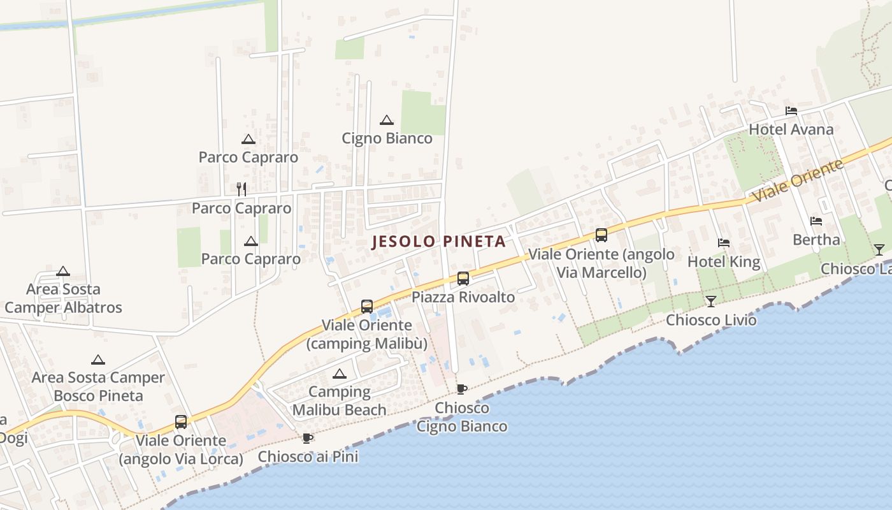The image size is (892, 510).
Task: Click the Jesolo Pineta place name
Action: tap(438, 242)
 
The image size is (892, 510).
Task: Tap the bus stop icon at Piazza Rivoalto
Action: tap(463, 279)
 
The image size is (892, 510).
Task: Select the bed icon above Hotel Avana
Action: tap(791, 111)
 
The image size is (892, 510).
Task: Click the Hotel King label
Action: tap(724, 261)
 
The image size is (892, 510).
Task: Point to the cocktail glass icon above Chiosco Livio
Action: tap(711, 301)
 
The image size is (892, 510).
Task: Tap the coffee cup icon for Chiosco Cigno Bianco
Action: tap(462, 389)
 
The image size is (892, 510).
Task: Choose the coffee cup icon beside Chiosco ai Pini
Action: tap(308, 438)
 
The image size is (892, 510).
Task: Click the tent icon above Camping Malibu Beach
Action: tap(339, 374)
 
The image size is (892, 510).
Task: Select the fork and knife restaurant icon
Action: tap(241, 189)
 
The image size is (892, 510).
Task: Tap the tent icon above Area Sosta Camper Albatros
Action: tap(62, 272)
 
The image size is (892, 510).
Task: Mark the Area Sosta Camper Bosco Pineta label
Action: tap(98, 386)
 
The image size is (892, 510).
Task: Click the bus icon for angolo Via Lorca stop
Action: tap(181, 421)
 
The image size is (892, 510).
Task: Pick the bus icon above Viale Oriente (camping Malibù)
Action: tap(367, 307)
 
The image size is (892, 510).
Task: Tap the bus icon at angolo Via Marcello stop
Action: tap(601, 235)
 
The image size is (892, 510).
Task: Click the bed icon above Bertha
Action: tap(816, 221)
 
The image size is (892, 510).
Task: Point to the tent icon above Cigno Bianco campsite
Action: tap(387, 120)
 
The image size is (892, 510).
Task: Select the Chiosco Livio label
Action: tap(711, 319)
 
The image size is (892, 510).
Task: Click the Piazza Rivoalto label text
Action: tap(463, 297)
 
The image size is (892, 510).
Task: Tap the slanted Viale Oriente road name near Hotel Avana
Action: tap(798, 181)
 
